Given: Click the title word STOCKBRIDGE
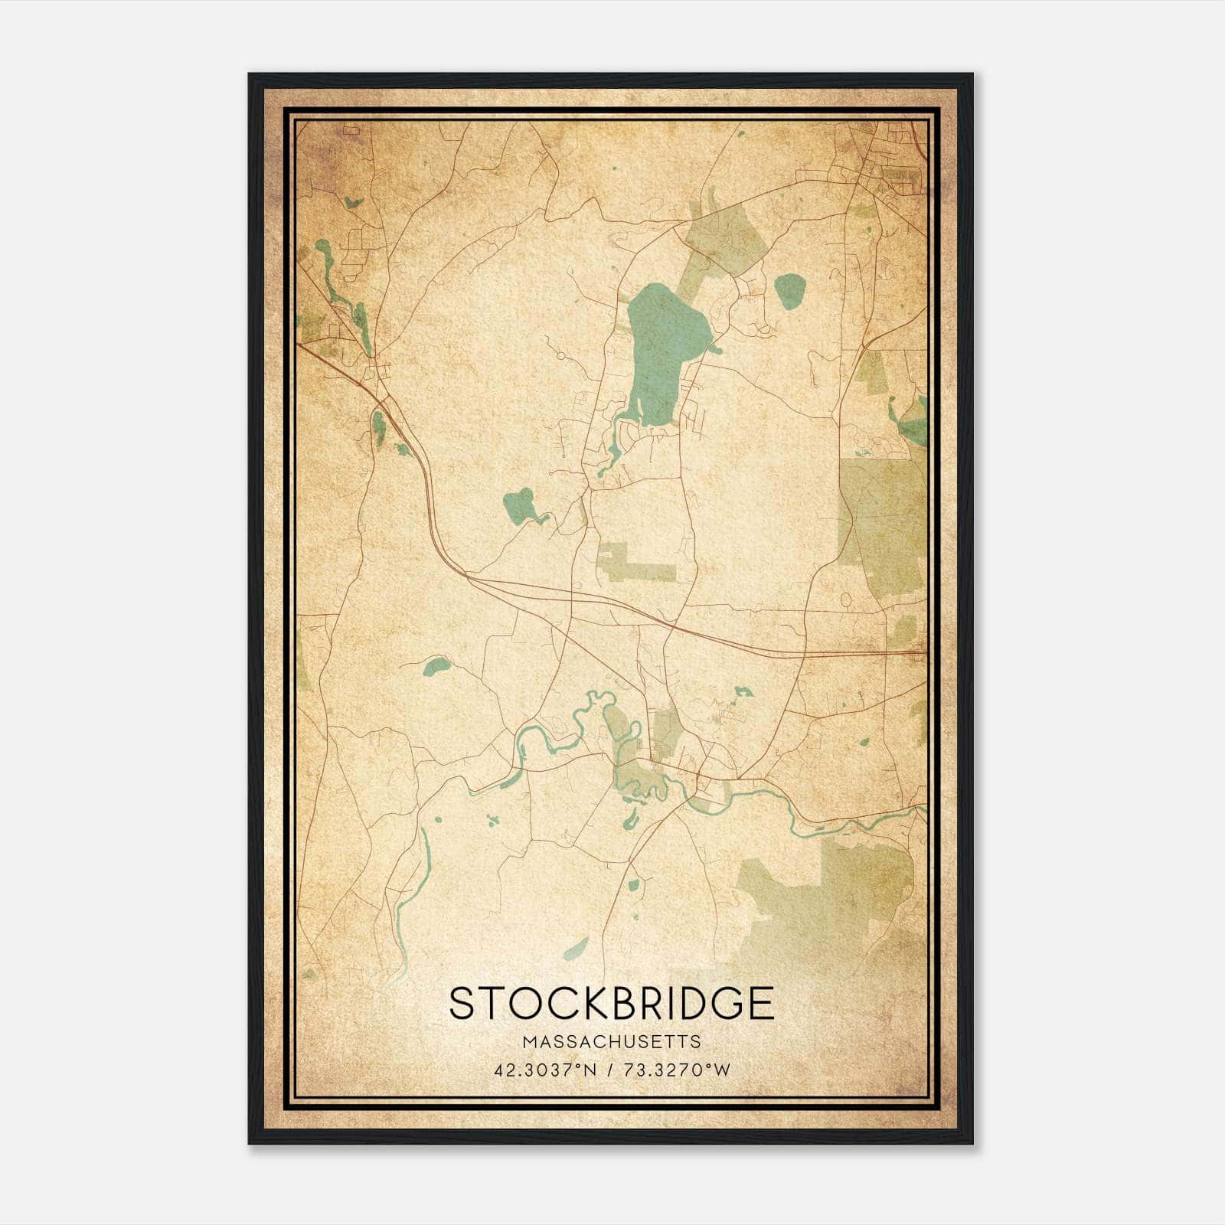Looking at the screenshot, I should click(611, 1004).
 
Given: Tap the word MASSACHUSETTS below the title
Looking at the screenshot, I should click(611, 1042).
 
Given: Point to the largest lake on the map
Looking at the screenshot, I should click(662, 345).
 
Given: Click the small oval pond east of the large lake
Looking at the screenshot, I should click(790, 291).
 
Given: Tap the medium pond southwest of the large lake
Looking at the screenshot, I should click(521, 505).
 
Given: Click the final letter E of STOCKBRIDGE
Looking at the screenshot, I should click(761, 1004).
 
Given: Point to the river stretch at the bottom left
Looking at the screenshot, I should click(413, 888).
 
